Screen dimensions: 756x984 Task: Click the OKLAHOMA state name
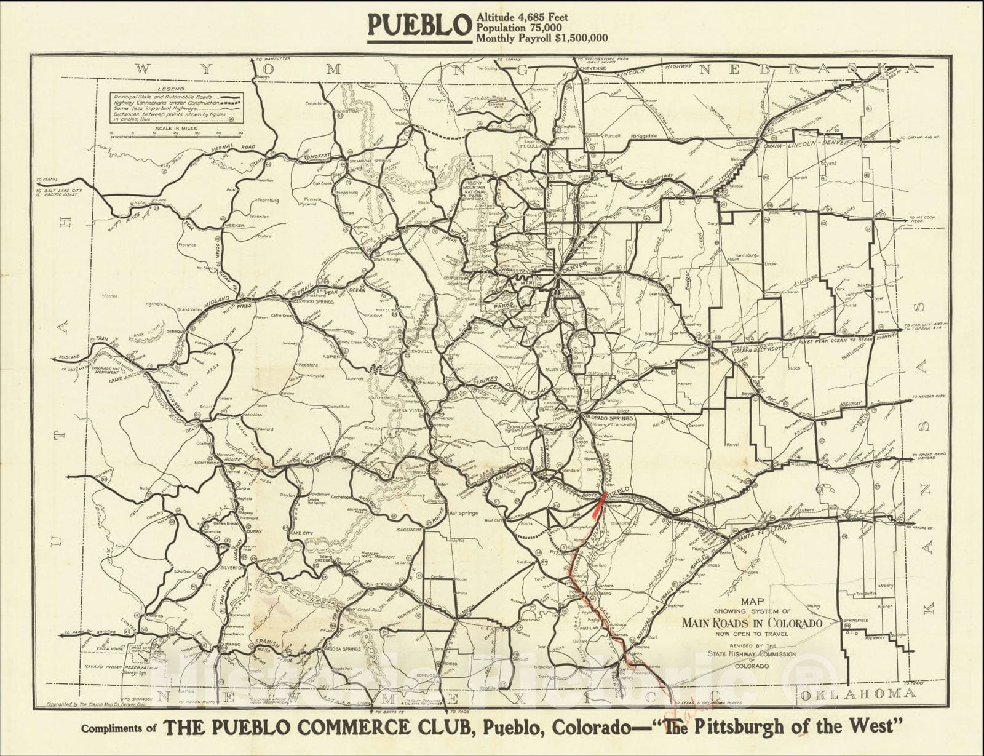[849, 694]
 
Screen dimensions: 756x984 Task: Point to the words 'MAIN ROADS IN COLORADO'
[752, 623]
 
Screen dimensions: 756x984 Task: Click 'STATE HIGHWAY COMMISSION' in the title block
[752, 654]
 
